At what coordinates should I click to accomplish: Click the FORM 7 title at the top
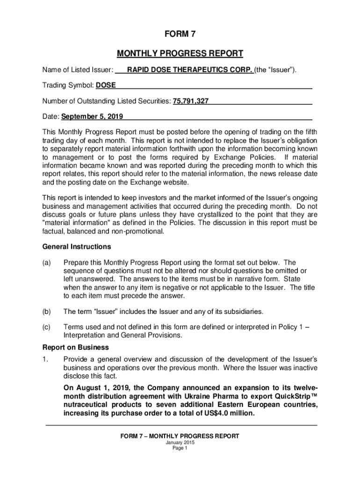pyautogui.click(x=180, y=34)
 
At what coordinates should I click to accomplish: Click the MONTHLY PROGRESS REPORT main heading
pyautogui.click(x=180, y=53)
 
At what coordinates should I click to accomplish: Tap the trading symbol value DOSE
pyautogui.click(x=106, y=86)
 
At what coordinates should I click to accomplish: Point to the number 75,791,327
pyautogui.click(x=191, y=101)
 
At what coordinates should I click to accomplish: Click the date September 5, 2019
pyautogui.click(x=89, y=116)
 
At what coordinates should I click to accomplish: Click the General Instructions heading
pyautogui.click(x=77, y=247)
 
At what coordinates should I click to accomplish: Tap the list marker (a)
pyautogui.click(x=47, y=262)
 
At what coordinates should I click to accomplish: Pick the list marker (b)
pyautogui.click(x=47, y=311)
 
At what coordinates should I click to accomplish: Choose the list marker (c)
pyautogui.click(x=47, y=327)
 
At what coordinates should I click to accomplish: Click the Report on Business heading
pyautogui.click(x=75, y=347)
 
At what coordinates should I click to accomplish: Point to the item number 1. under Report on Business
pyautogui.click(x=45, y=359)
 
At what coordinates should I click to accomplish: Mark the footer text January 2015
pyautogui.click(x=180, y=443)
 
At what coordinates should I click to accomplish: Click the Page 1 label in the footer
pyautogui.click(x=180, y=448)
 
